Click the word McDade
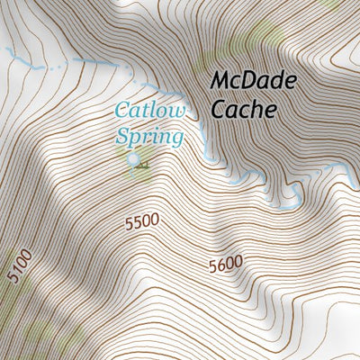[x=254, y=80]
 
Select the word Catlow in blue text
[x=149, y=112]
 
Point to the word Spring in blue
[x=149, y=137]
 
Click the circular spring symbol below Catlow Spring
[x=134, y=160]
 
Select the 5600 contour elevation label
[x=225, y=265]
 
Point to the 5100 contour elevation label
[x=19, y=267]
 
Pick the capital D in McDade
[x=256, y=80]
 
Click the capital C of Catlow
[x=121, y=112]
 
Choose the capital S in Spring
[x=122, y=137]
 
